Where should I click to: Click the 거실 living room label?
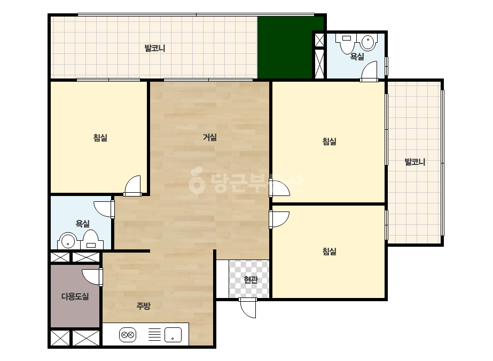pos(210,137)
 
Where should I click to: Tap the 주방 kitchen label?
pos(143,305)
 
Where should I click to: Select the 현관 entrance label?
pos(251,279)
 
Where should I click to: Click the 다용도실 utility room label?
pos(75,296)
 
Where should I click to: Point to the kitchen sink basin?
pos(173,335)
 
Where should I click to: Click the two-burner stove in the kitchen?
pos(128,335)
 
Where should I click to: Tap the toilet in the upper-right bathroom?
pos(347,44)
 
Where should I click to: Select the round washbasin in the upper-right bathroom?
pos(369,42)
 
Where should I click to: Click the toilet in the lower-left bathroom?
pos(91,240)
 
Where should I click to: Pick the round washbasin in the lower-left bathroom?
pos(68,241)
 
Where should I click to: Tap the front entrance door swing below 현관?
pos(248,308)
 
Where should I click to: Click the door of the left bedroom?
pos(132,186)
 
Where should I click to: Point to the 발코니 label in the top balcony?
pos(155,48)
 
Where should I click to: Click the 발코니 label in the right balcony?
pos(414,162)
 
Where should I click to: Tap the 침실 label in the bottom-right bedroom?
pos(329,251)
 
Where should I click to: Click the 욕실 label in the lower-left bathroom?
pos(83,224)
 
